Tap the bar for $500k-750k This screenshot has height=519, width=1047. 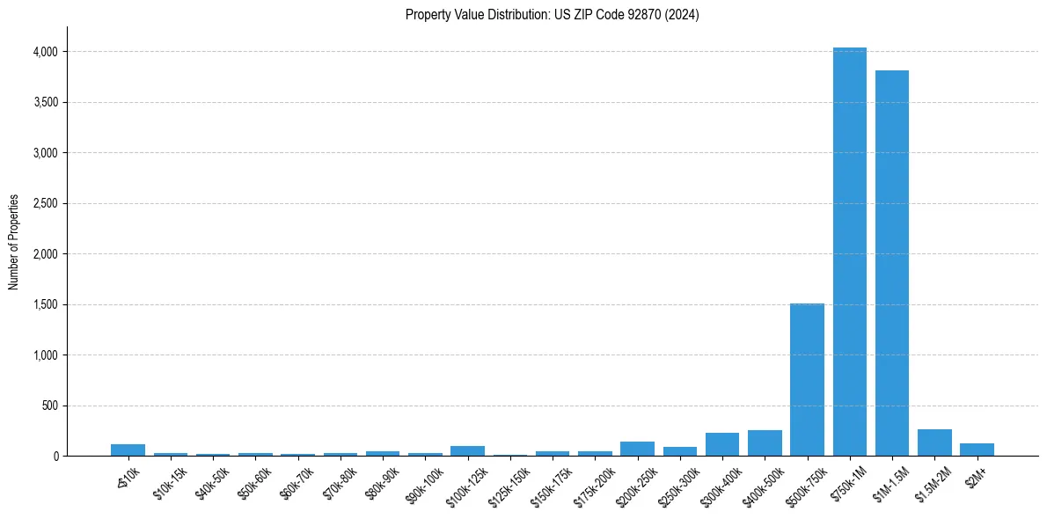click(x=807, y=379)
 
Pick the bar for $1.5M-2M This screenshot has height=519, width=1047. click(x=934, y=442)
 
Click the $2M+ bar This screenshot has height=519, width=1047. click(x=977, y=450)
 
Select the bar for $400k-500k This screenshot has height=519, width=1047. click(x=765, y=443)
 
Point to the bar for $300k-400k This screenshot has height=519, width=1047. click(x=722, y=444)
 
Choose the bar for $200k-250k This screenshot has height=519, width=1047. click(x=637, y=449)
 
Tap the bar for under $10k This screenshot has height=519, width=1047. click(x=128, y=450)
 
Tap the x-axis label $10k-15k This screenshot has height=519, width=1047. click(x=170, y=483)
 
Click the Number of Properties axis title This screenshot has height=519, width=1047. click(x=13, y=242)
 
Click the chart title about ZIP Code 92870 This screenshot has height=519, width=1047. click(x=552, y=14)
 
